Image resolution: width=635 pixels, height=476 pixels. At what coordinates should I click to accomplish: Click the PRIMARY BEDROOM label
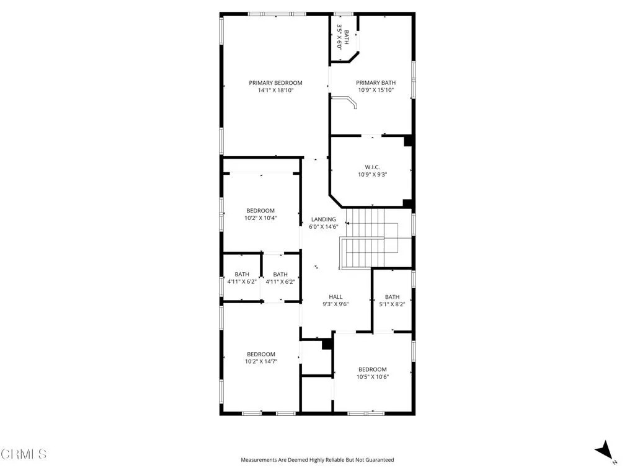pos(275,83)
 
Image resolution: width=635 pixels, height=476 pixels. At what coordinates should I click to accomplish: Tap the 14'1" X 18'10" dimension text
pos(275,90)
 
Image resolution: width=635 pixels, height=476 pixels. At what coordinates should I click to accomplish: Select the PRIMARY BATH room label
pos(376,83)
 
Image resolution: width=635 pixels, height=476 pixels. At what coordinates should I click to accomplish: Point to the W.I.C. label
pos(372,167)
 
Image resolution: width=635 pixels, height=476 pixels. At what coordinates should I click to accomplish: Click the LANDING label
pos(324,219)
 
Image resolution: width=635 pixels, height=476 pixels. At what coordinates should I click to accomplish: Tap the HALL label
pos(335,297)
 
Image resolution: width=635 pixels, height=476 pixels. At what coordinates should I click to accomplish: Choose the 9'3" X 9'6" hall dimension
pos(335,304)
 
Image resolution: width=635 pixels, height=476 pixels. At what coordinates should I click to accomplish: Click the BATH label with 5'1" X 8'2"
pos(392,297)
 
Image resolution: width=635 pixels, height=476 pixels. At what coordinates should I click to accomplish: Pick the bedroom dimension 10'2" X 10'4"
pos(260,218)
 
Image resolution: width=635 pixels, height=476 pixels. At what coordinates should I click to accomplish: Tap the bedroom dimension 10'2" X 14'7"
pos(260,361)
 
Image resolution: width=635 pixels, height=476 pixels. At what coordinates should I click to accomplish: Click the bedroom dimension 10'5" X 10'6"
pos(372,377)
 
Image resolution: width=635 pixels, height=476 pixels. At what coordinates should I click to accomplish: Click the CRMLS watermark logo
pos(24,454)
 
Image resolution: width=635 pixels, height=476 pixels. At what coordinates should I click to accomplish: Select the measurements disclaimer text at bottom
pos(317,460)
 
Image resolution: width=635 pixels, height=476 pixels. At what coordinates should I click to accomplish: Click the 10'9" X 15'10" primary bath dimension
pos(376,90)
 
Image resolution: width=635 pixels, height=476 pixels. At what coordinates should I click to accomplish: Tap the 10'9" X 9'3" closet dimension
pos(372,174)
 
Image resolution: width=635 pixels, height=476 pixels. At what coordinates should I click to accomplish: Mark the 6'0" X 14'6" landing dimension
pos(324,227)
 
